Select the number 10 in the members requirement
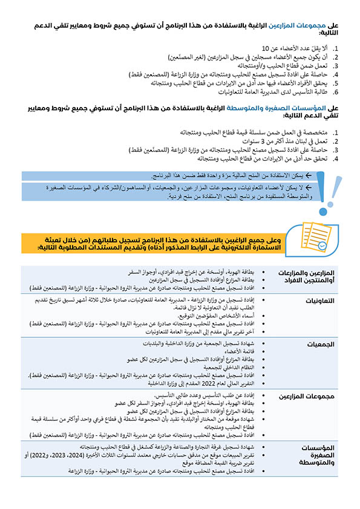click(x=265, y=48)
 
